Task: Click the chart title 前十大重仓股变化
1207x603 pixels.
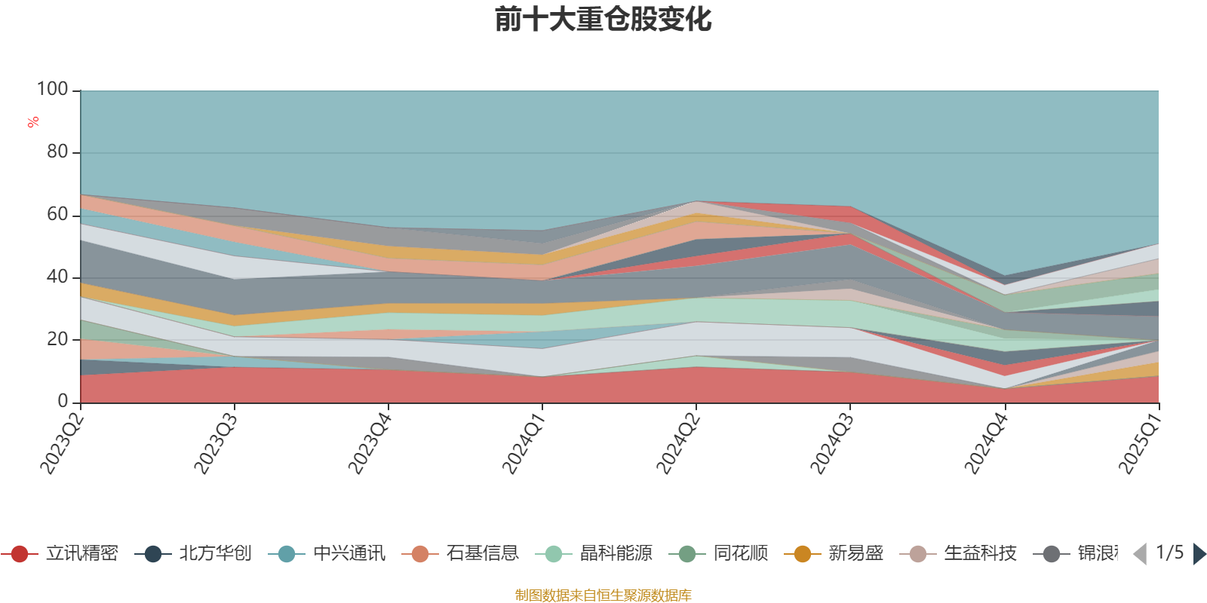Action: tap(603, 20)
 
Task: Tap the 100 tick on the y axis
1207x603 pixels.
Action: tap(53, 90)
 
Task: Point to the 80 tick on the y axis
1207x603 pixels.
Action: tap(57, 152)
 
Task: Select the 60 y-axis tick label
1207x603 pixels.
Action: tap(57, 215)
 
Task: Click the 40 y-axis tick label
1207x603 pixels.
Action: tap(57, 277)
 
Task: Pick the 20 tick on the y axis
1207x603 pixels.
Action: tap(57, 339)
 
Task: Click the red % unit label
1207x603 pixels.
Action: tap(33, 122)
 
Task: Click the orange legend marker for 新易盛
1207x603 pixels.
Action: tap(803, 554)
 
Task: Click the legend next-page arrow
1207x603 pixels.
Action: tap(1199, 554)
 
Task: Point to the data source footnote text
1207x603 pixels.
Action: tap(603, 595)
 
